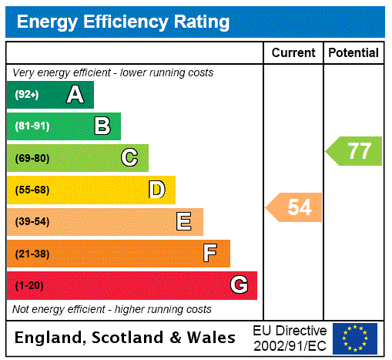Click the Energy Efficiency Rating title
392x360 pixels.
click(x=123, y=22)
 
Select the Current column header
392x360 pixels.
click(x=293, y=52)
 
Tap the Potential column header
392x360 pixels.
click(x=353, y=52)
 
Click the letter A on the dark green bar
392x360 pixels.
click(x=75, y=95)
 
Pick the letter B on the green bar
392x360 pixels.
click(x=102, y=126)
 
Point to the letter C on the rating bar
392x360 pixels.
click(x=129, y=158)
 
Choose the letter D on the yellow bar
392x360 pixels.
click(x=156, y=190)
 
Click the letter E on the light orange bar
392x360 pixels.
click(x=184, y=222)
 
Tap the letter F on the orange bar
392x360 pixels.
click(x=209, y=253)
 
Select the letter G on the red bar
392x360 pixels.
click(x=240, y=285)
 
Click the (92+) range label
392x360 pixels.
click(x=26, y=95)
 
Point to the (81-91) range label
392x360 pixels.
click(x=32, y=126)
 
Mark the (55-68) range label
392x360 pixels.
click(x=32, y=190)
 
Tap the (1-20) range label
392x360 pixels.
click(x=29, y=285)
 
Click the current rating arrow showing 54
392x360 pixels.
click(x=295, y=207)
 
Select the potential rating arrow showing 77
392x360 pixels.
click(x=355, y=150)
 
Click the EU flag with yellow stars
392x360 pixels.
click(x=355, y=338)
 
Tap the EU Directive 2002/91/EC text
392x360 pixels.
click(x=290, y=338)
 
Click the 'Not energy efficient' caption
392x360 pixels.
click(x=112, y=309)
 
